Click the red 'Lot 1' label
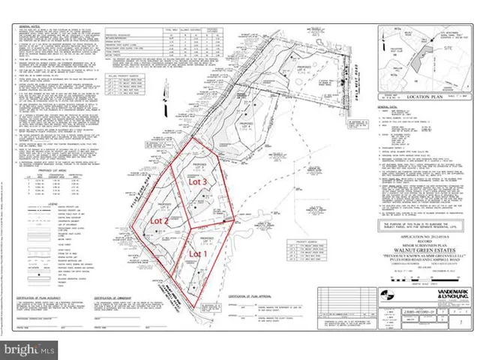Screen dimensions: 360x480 click(x=196, y=254)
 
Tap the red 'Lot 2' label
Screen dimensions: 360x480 click(x=157, y=222)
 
